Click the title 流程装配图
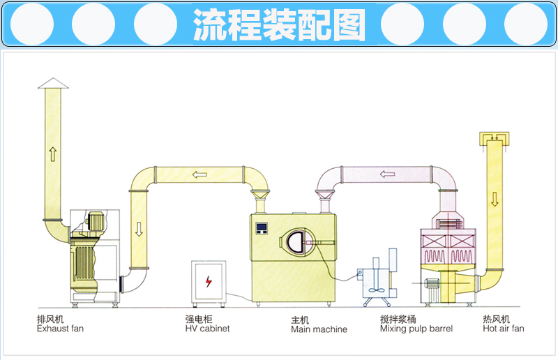point(278,25)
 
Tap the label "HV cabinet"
point(207,328)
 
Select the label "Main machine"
point(319,329)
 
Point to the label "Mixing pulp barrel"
point(416,328)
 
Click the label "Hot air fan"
point(503,328)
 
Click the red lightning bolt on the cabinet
point(208,282)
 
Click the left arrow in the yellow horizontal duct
point(200,174)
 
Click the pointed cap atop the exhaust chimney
point(52,83)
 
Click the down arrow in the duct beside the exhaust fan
point(138,227)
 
